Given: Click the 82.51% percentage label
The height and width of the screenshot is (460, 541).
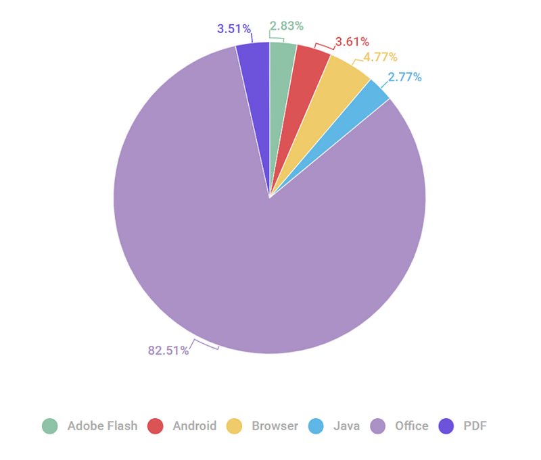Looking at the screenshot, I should coord(168,350).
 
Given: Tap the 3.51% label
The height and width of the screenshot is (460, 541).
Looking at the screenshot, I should coord(234,28).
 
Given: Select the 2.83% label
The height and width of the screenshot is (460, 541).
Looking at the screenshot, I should coord(287,26).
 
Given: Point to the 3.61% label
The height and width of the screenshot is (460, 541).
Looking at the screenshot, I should coord(352,42).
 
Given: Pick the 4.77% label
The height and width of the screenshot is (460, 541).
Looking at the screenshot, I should coord(380,57).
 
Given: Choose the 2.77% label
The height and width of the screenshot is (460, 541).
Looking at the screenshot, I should coord(404,77).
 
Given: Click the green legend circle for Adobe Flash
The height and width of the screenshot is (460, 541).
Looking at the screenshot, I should coord(50,426).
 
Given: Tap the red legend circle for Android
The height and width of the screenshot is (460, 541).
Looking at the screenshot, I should coord(156,426).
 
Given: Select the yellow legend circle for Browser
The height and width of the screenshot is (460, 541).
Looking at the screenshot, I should coord(235,426).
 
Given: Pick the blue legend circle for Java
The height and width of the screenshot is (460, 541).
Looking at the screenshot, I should coord(316,426).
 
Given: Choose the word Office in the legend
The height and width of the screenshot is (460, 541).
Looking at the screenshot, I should coord(412,426).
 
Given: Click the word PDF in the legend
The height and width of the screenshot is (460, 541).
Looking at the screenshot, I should coord(475,426).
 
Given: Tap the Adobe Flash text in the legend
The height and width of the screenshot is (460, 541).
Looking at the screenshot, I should coord(102,426).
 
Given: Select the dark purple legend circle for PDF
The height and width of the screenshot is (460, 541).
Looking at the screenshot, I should coord(446,426).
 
